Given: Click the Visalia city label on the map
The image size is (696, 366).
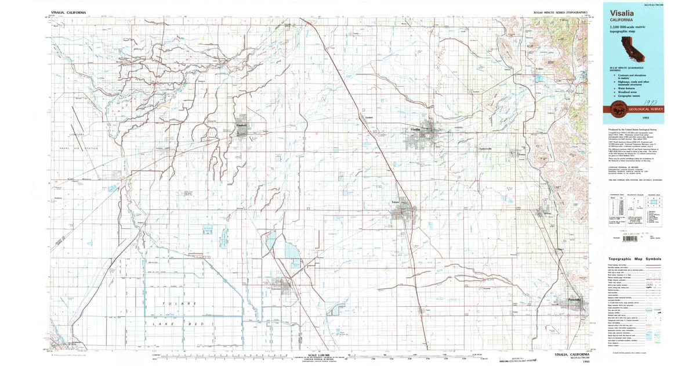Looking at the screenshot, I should click(x=415, y=128).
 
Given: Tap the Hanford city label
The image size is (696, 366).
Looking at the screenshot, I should click(x=242, y=125).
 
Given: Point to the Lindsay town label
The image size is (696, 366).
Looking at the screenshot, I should click(x=545, y=216).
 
